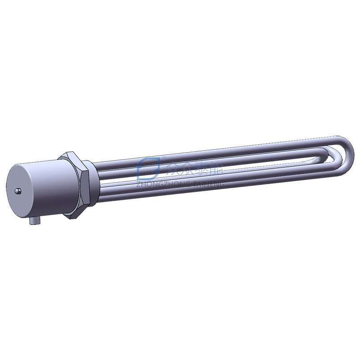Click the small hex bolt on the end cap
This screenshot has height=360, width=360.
coord(18,191)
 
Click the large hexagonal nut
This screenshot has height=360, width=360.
coord(74,184)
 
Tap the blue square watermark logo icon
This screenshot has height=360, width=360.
coord(148,168)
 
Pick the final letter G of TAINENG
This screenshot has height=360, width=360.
coord(222,184)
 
